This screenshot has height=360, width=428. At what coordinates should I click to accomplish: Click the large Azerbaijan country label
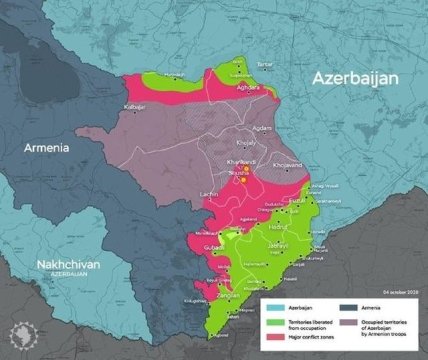tap(355, 78)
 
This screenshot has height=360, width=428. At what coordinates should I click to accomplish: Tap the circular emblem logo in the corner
tap(17, 342)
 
